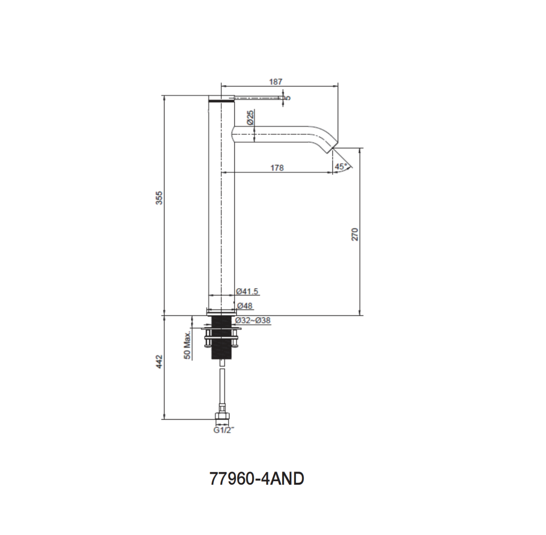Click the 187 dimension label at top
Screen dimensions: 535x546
(275, 82)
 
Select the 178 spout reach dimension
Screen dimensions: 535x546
(277, 168)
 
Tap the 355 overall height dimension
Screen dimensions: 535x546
(159, 198)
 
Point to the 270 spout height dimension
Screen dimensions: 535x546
(355, 235)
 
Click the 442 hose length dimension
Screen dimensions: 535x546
(159, 362)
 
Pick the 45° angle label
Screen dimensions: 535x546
(341, 167)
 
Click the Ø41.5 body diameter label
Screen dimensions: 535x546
(247, 291)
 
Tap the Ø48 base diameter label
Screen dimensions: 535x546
(245, 306)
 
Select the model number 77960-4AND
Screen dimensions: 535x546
(257, 479)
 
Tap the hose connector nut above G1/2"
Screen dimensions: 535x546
(221, 417)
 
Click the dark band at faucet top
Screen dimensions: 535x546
(221, 99)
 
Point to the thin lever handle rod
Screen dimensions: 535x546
(259, 97)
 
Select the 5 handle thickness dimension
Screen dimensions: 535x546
(288, 97)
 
